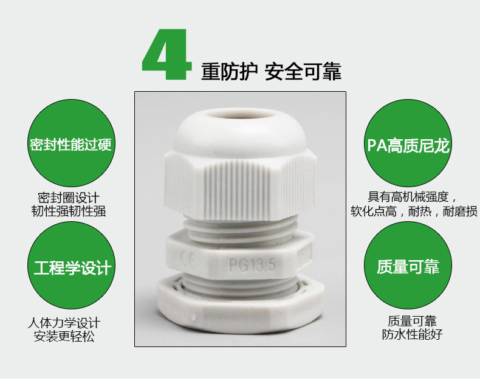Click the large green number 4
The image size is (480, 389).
[167, 55]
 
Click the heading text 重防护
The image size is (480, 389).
[228, 72]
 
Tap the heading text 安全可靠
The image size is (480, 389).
[303, 72]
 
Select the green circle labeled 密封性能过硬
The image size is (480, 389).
[71, 143]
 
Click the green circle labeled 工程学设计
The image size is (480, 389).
[71, 266]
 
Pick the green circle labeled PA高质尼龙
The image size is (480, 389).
[408, 143]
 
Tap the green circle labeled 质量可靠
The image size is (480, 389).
[408, 266]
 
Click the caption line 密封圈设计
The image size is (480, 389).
[69, 198]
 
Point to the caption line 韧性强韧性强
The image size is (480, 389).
[69, 212]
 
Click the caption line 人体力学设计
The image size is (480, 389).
[64, 323]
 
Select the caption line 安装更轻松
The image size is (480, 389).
[64, 336]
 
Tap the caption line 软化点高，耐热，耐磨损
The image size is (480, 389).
[414, 211]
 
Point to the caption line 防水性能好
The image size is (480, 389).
[412, 334]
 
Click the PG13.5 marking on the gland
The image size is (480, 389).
[253, 264]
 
